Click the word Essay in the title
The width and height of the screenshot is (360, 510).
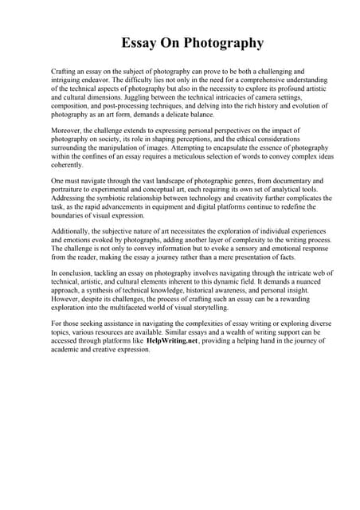tap(139, 43)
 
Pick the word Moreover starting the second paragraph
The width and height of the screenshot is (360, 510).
tap(66, 130)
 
